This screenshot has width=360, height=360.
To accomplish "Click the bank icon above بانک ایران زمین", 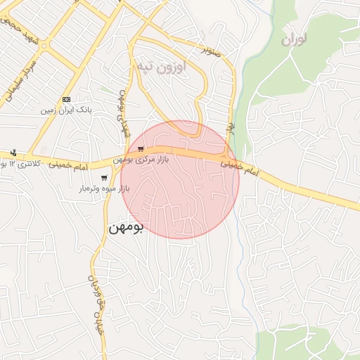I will coord(67,99).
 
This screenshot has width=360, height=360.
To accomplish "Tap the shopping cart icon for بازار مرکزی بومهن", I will coord(141,149).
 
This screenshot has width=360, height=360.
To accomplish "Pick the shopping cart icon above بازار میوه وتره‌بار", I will coord(104,177).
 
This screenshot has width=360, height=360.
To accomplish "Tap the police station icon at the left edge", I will coord(14,153).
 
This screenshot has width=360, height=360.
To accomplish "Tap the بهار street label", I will coord(230,127).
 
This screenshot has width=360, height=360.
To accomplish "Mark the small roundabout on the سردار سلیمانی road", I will coord(45,47).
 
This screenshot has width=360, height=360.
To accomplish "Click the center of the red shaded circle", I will coord(180,179).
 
